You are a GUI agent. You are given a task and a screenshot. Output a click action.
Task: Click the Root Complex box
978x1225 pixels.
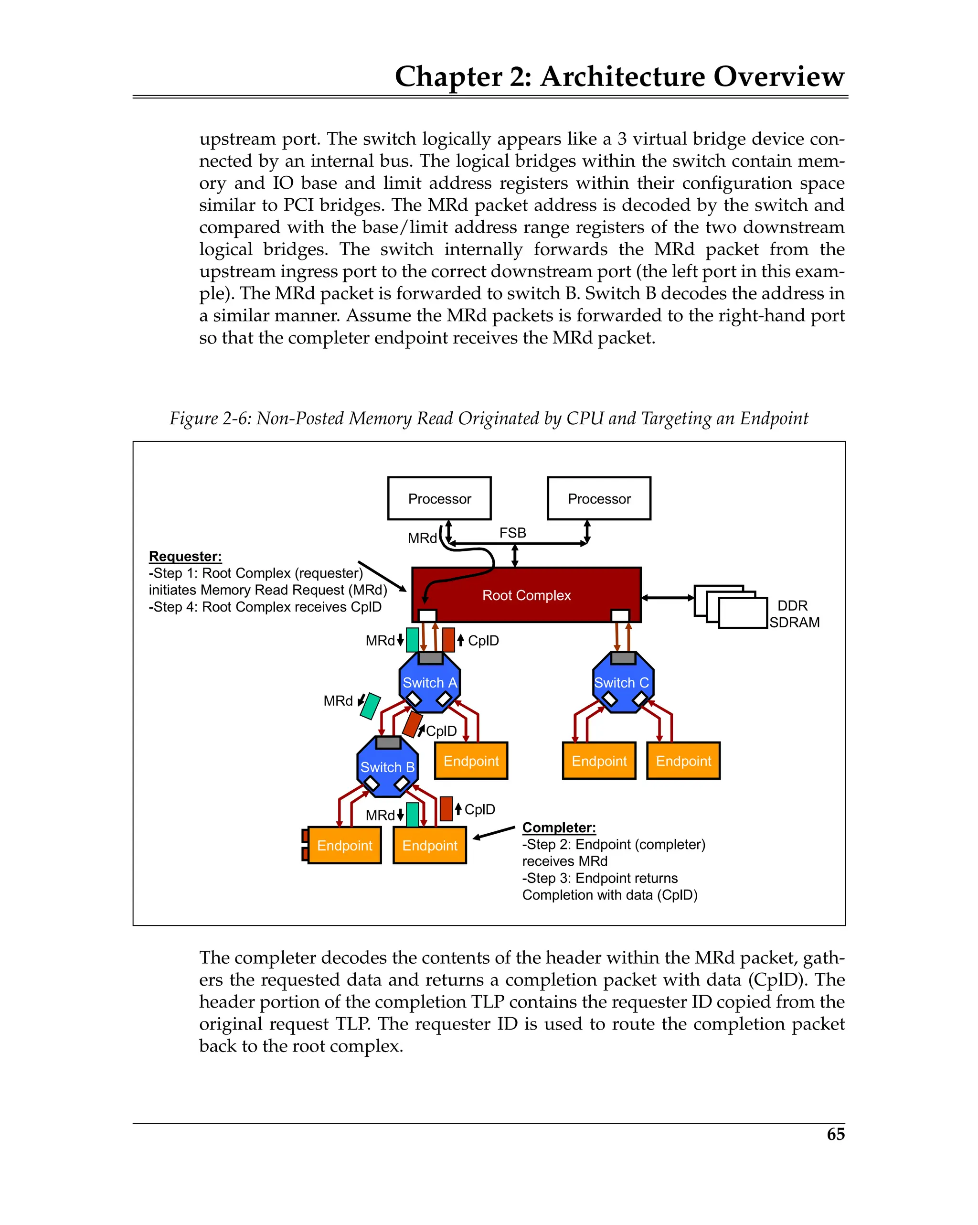click(x=526, y=595)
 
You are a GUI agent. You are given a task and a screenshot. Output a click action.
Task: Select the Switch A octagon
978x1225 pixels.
click(x=429, y=682)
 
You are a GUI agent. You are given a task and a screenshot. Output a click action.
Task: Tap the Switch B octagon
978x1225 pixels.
click(x=387, y=767)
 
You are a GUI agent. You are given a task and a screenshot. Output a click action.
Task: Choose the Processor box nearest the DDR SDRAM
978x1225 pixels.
click(x=599, y=498)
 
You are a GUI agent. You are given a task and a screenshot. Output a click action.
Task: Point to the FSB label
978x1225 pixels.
click(x=512, y=533)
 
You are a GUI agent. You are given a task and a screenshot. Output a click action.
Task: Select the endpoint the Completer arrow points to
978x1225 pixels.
click(x=429, y=846)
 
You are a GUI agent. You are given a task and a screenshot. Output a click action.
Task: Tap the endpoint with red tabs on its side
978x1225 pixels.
click(x=344, y=846)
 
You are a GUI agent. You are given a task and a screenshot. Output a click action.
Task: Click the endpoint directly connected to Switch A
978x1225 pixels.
click(x=471, y=761)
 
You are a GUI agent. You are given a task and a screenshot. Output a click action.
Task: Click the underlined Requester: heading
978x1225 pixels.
click(x=185, y=556)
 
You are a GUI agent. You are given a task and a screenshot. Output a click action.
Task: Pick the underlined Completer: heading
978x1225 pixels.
click(x=559, y=827)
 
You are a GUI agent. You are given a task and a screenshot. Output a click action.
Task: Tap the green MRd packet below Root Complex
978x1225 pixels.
click(x=412, y=640)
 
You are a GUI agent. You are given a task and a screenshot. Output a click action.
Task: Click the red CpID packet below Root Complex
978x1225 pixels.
click(x=448, y=640)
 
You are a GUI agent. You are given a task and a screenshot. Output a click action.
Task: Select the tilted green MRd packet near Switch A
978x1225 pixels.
click(x=370, y=706)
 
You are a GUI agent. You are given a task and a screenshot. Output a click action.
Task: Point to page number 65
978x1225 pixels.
click(x=835, y=1134)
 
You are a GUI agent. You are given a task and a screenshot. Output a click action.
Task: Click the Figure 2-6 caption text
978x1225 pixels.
click(x=489, y=419)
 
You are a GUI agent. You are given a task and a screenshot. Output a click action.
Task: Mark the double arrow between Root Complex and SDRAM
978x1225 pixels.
click(x=667, y=598)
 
